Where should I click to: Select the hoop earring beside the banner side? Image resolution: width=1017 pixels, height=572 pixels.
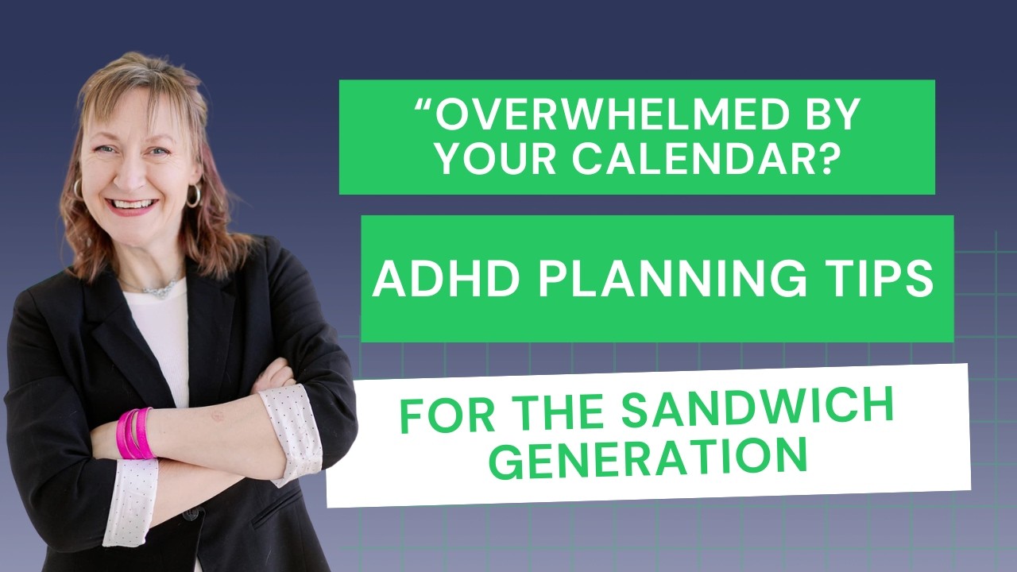coord(193,195)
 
